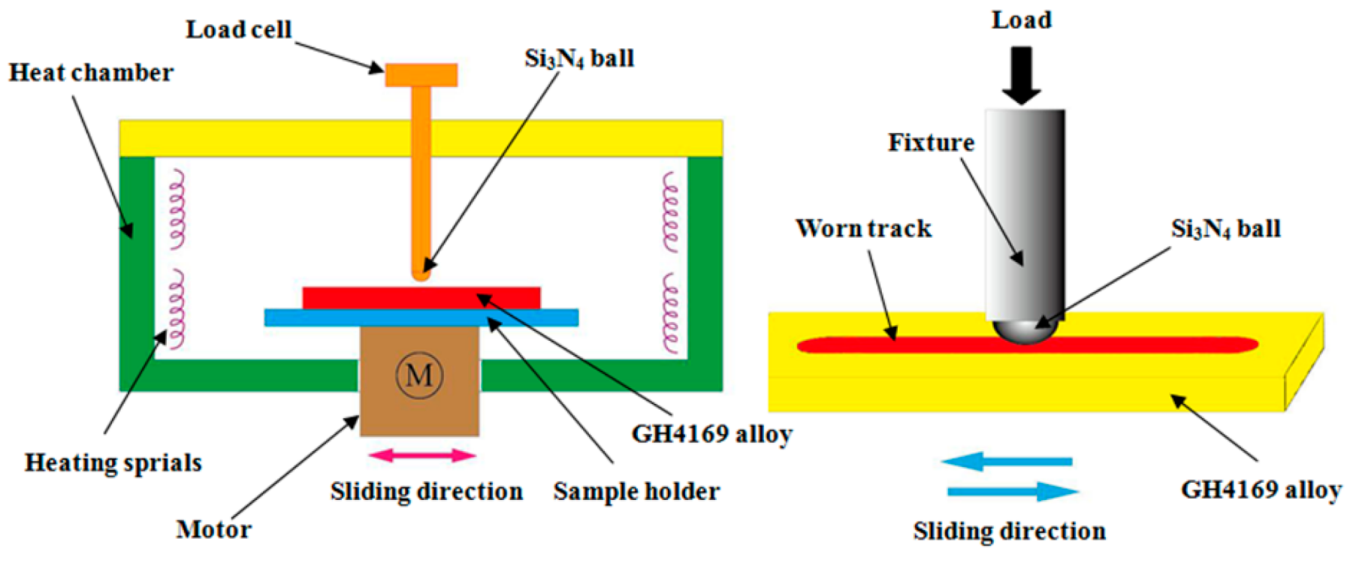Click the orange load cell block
click(421, 75)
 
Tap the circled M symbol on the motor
click(419, 375)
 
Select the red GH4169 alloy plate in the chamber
click(421, 297)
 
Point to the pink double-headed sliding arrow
click(422, 455)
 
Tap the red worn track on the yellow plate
click(901, 345)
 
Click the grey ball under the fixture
click(1025, 330)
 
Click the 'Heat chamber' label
click(91, 73)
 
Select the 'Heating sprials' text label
click(113, 462)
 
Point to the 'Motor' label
click(213, 529)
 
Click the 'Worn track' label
click(863, 228)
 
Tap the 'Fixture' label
click(931, 143)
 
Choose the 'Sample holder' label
click(636, 492)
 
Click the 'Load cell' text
click(238, 30)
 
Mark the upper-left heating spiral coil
click(177, 210)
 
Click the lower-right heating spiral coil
click(670, 314)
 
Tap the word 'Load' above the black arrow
click(1021, 20)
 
